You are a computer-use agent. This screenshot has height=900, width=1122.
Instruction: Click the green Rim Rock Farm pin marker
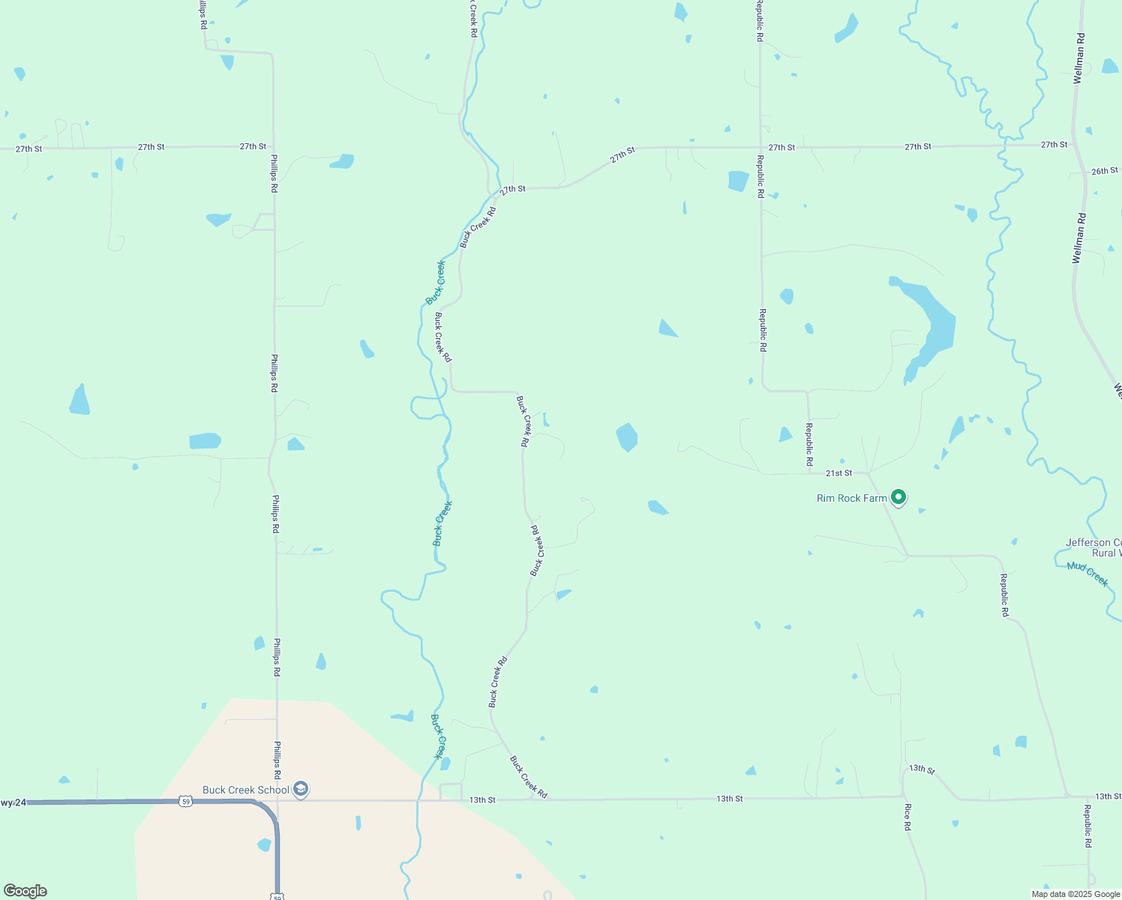pos(898,496)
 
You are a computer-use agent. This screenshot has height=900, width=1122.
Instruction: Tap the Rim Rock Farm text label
pos(851,498)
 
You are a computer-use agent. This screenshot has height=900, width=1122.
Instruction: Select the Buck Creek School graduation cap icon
pos(301,789)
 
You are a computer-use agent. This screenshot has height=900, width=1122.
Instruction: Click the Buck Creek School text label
pos(245,790)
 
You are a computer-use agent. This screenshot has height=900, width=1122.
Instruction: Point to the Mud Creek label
pos(1087,574)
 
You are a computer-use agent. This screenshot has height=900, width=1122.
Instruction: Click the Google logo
pos(25,891)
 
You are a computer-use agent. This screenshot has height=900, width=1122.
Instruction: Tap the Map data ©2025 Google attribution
pos(1075,894)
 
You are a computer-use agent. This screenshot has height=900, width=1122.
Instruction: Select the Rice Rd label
pos(907,817)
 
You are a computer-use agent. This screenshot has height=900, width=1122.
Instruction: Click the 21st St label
pos(838,473)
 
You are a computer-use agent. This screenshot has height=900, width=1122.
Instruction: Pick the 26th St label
pos(1104,171)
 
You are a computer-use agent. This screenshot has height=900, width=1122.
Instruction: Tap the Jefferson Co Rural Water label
pos(1094,547)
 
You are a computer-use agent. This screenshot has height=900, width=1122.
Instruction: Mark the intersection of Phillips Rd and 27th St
pos(273,147)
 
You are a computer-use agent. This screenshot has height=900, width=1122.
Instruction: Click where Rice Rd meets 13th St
pos(901,796)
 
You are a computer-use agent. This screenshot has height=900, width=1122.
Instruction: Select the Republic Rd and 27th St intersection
pos(760,148)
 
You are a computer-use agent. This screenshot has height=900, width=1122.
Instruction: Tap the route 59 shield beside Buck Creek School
pos(185,801)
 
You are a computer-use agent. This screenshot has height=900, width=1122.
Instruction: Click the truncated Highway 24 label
pos(13,802)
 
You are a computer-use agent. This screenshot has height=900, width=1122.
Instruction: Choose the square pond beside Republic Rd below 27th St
pos(738,181)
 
